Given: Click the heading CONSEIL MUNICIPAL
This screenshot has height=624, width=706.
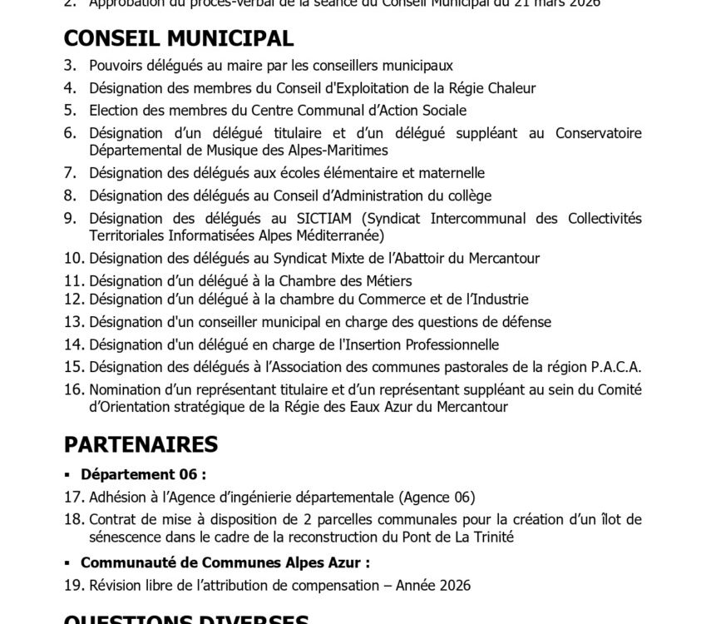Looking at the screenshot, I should coord(178,38).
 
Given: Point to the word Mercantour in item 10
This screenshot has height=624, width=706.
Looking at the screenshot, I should coord(501,259).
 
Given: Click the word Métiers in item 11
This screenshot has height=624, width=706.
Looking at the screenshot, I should coord(388,281).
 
